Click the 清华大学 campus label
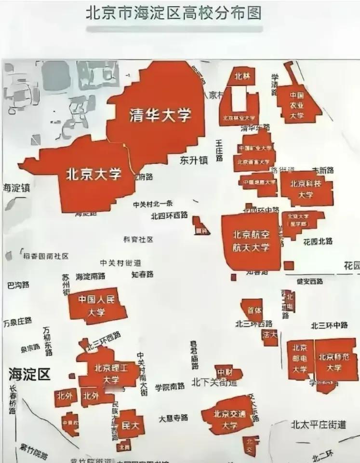[x=160, y=115]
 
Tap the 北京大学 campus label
[x=93, y=173]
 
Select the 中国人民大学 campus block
[x=96, y=306]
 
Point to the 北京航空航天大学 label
[x=251, y=241]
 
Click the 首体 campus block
[x=253, y=310]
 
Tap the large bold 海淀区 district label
[x=29, y=374]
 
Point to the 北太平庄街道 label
[x=318, y=425]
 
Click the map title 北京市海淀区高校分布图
[x=174, y=13]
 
